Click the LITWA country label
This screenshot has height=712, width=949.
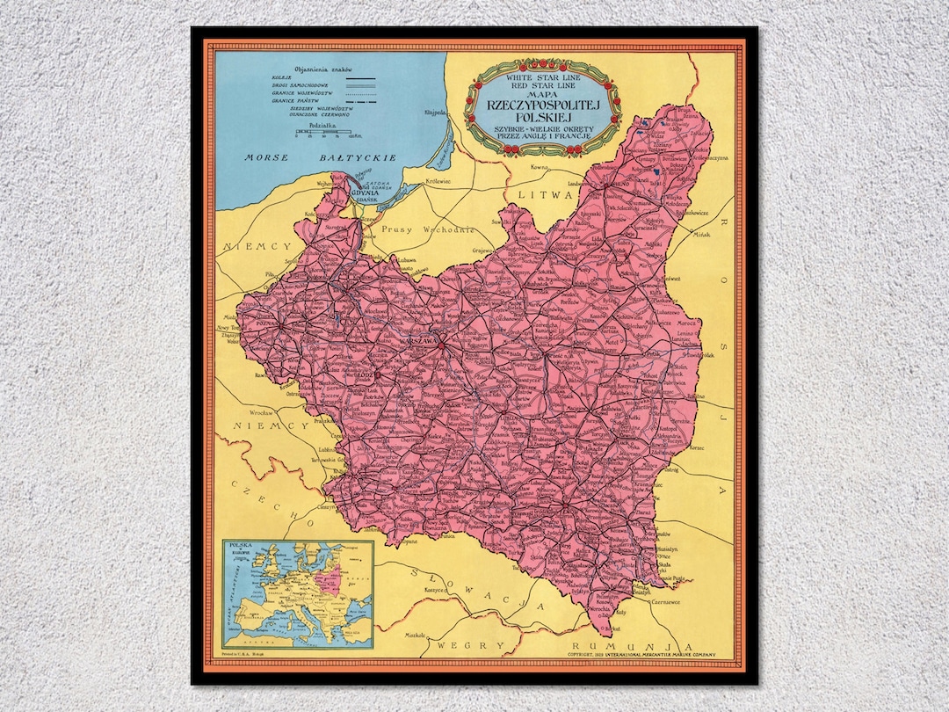tap(545, 193)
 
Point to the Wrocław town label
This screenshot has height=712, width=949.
tap(264, 411)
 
